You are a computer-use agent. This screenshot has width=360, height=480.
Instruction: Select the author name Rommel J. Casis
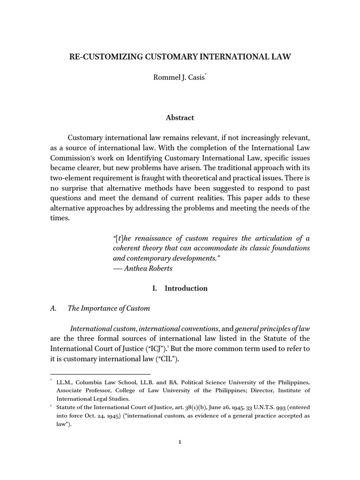pos(172,77)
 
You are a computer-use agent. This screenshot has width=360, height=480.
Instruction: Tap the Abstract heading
pos(180,118)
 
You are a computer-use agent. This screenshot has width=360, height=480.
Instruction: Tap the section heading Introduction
pos(186,288)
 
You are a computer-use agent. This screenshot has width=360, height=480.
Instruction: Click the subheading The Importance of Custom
pos(109,308)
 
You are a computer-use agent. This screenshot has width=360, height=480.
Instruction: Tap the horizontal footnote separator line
pos(100,374)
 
